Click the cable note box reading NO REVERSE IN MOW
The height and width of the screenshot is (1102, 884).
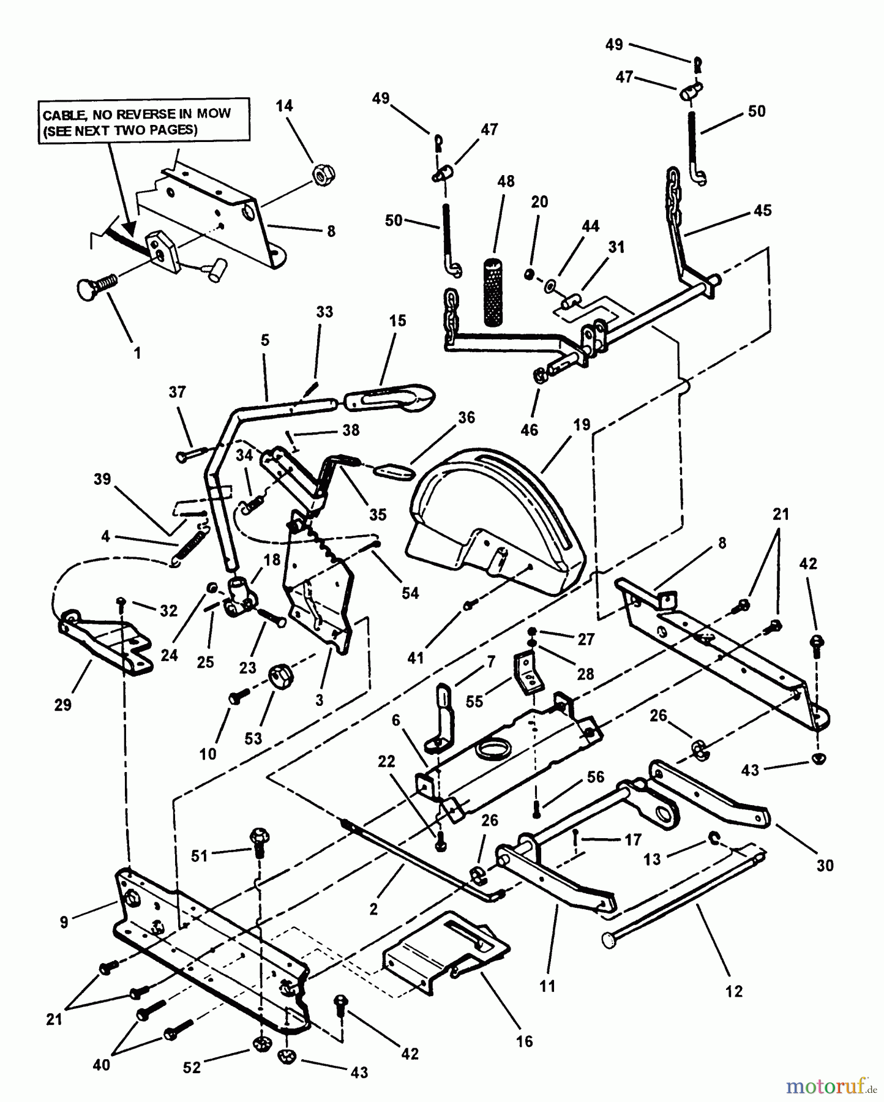[144, 121]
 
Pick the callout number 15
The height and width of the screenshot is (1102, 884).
[397, 321]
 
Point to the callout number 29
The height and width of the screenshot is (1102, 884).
[63, 705]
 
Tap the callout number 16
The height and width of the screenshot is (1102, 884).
[525, 1041]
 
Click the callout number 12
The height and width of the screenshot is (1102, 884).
[733, 991]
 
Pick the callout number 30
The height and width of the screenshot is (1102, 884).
[825, 865]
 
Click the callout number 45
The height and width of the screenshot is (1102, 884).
[762, 211]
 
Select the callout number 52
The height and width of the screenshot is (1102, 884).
[192, 1067]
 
